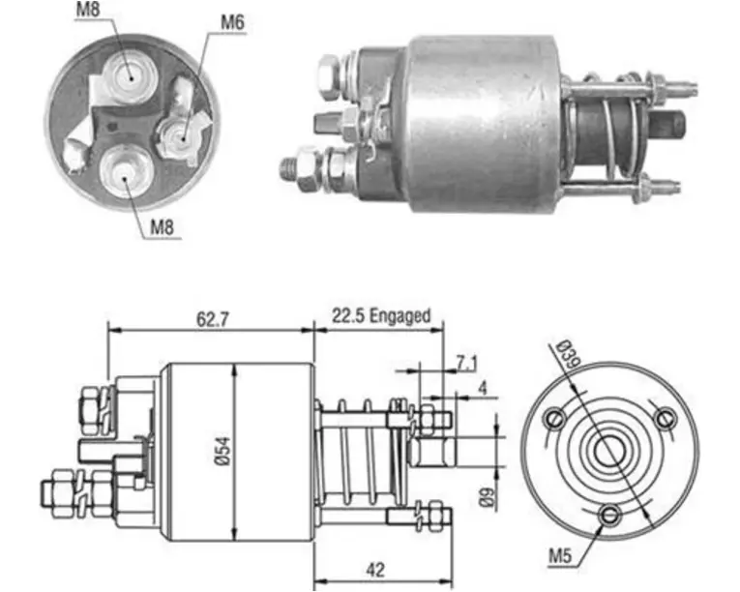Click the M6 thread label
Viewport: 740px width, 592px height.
tap(233, 22)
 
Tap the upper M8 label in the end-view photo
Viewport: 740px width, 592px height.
tap(88, 10)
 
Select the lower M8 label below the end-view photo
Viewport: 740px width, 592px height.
tap(162, 227)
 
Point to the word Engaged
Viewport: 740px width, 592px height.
tap(400, 315)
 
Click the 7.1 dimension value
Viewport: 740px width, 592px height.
tap(466, 363)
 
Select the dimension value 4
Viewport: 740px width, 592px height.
tap(482, 388)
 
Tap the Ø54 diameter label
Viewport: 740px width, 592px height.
tap(223, 451)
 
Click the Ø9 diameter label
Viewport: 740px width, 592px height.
tap(488, 496)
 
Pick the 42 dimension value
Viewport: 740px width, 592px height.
tap(375, 570)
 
